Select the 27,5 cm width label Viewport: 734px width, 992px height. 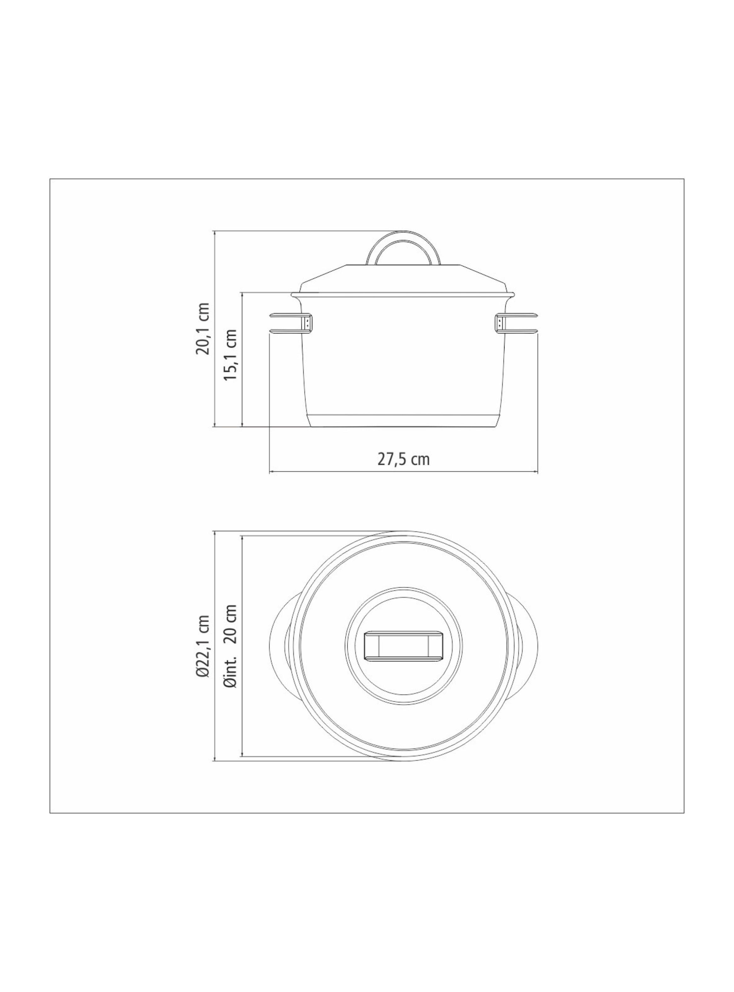(x=403, y=459)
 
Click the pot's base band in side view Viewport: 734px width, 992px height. (x=403, y=421)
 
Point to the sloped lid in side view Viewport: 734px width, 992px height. (x=403, y=280)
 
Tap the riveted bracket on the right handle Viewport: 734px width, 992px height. (x=499, y=322)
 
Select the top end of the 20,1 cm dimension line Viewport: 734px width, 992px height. (x=215, y=231)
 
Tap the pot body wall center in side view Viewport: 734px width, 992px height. (x=403, y=356)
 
